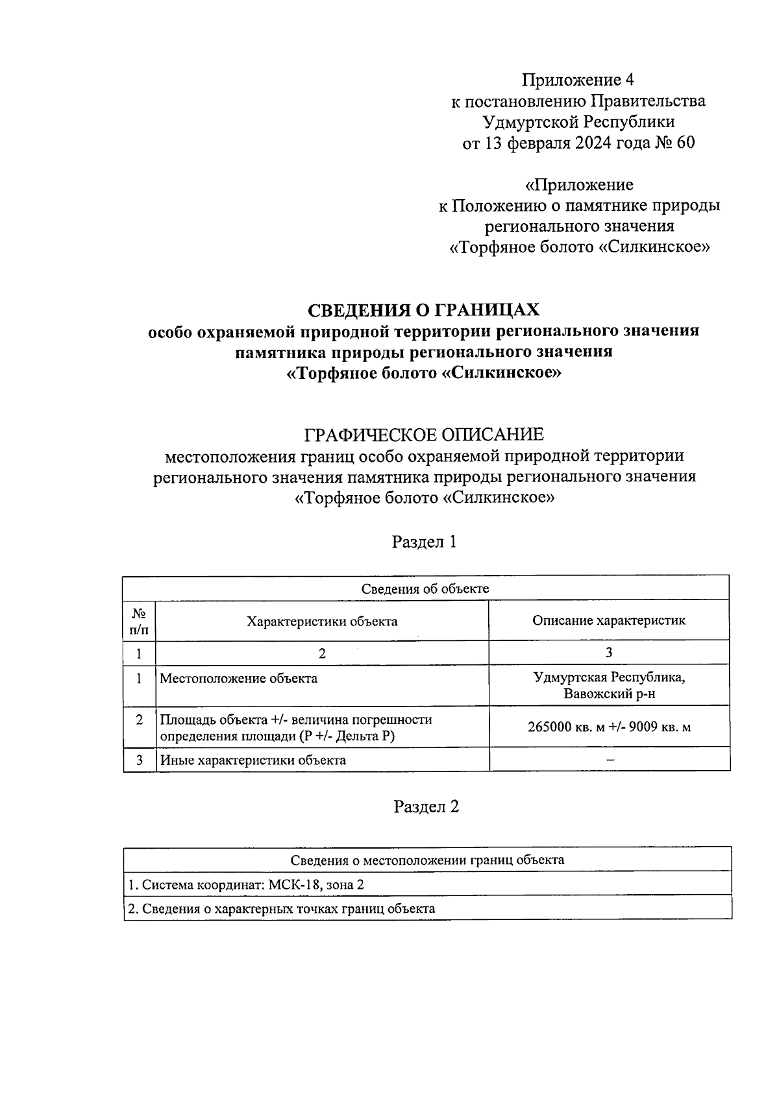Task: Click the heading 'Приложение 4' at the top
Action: (x=578, y=80)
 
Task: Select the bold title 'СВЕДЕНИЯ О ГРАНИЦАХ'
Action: (x=423, y=309)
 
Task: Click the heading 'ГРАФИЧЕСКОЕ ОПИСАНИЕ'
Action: (x=424, y=434)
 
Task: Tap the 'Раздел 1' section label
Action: (x=425, y=542)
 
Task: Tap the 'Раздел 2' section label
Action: (x=427, y=806)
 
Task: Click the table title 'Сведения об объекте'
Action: (x=425, y=588)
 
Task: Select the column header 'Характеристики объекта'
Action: (x=322, y=621)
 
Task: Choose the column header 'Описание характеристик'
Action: (x=609, y=620)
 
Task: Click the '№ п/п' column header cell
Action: (x=139, y=621)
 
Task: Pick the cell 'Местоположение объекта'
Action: (x=239, y=679)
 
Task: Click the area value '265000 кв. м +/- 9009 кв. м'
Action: (x=609, y=727)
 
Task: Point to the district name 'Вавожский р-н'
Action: (x=609, y=695)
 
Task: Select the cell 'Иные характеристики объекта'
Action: (x=253, y=760)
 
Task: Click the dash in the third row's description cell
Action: (x=610, y=760)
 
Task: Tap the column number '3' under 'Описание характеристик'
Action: (x=609, y=653)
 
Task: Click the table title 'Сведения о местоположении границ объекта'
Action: (x=427, y=860)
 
